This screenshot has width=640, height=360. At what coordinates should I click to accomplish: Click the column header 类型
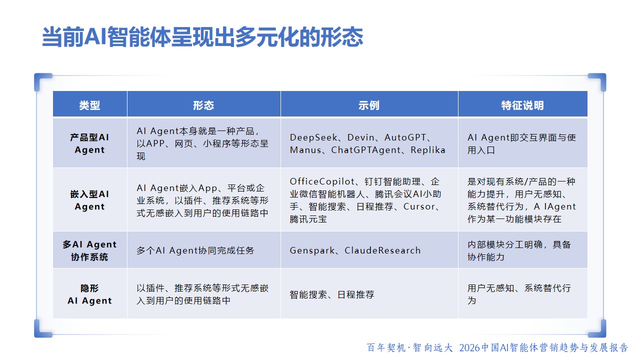[89, 105]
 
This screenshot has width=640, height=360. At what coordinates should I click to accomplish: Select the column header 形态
[203, 105]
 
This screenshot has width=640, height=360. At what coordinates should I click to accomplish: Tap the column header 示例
[369, 105]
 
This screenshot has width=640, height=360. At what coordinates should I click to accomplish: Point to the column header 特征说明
[522, 105]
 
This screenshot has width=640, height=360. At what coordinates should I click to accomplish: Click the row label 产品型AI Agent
[89, 143]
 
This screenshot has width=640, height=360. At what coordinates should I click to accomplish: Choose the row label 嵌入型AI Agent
[89, 200]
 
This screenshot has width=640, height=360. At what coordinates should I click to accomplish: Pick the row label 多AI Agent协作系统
[89, 250]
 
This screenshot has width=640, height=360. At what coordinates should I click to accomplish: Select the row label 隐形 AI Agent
[89, 294]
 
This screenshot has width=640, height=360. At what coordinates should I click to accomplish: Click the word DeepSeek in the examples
[313, 137]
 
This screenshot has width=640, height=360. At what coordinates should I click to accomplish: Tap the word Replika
[427, 150]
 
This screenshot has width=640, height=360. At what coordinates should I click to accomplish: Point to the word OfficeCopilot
[322, 181]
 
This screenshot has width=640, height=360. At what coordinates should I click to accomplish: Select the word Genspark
[312, 250]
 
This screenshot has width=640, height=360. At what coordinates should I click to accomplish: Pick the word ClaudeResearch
[382, 250]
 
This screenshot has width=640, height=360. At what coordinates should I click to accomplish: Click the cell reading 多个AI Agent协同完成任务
[195, 250]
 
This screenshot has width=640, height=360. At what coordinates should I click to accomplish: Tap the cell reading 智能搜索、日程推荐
[331, 294]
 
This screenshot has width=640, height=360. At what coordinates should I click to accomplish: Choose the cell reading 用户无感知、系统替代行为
[519, 294]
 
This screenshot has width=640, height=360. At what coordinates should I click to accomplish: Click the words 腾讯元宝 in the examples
[308, 219]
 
